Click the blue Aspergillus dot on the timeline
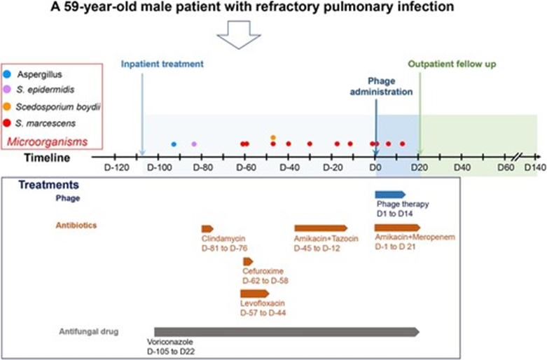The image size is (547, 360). pyautogui.click(x=174, y=144)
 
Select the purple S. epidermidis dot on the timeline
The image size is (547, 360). pyautogui.click(x=194, y=144)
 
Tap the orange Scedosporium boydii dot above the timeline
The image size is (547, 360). pyautogui.click(x=273, y=137)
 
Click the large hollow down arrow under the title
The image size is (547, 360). pyautogui.click(x=239, y=34)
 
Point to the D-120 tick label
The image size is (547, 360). pyautogui.click(x=116, y=168)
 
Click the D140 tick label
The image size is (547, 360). pyautogui.click(x=535, y=168)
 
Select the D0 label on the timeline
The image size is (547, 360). pyautogui.click(x=375, y=168)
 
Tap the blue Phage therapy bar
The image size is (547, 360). pyautogui.click(x=390, y=195)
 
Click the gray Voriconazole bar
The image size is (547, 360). pyautogui.click(x=286, y=332)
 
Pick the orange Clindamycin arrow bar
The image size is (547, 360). pyautogui.click(x=207, y=229)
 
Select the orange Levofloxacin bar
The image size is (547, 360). pyautogui.click(x=255, y=293)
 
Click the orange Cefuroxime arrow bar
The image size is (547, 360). pyautogui.click(x=248, y=261)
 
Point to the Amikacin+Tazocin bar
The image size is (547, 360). pyautogui.click(x=321, y=228)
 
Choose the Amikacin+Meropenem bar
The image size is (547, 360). pyautogui.click(x=397, y=228)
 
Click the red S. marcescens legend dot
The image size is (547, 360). pyautogui.click(x=7, y=123)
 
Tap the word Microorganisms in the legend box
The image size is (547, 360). pyautogui.click(x=48, y=141)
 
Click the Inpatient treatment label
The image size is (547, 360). pyautogui.click(x=162, y=64)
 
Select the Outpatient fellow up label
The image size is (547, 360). pyautogui.click(x=452, y=64)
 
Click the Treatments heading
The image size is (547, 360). pyautogui.click(x=48, y=184)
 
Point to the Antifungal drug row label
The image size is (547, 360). pyautogui.click(x=89, y=331)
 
